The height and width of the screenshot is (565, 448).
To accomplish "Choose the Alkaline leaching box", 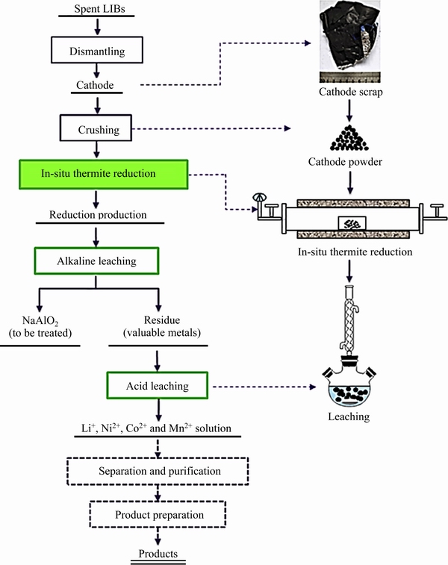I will (x=97, y=260).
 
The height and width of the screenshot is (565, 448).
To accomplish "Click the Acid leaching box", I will (x=157, y=387).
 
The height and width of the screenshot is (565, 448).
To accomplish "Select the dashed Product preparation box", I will (x=157, y=514).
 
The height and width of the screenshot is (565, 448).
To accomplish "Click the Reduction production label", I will (x=97, y=215).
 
